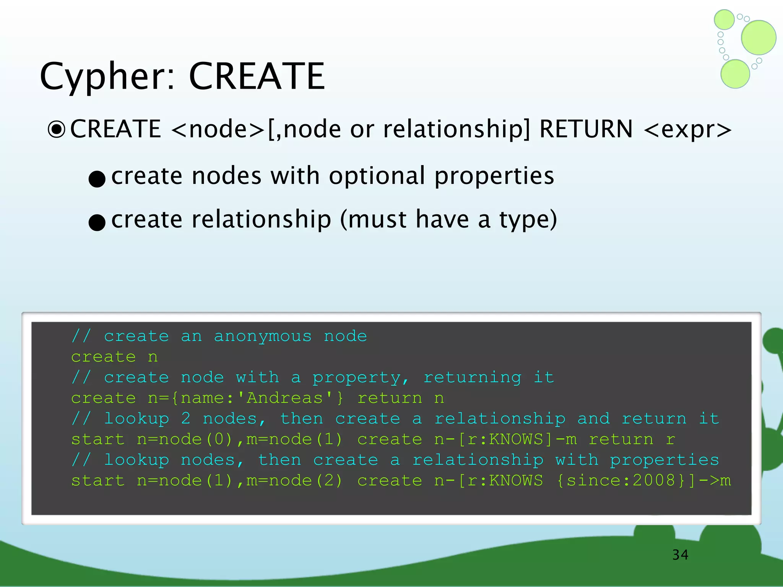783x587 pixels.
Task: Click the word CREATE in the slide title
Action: coord(257,76)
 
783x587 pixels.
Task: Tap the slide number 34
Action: coord(680,555)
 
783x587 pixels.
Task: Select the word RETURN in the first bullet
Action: coord(586,129)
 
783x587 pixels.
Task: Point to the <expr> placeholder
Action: coord(687,130)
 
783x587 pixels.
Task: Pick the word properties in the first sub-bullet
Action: coord(494,176)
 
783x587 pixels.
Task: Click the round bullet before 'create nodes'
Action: coord(97,178)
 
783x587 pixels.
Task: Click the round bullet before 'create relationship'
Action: coord(97,222)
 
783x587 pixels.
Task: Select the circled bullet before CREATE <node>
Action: coord(57,130)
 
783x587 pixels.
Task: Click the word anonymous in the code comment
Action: coord(263,336)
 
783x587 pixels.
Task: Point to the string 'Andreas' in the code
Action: coord(284,398)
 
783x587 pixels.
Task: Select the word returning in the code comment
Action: coord(472,378)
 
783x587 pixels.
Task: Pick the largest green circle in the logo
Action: coord(759,37)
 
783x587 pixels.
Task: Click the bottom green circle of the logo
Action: coord(735,74)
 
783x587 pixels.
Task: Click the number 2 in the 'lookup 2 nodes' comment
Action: coord(186,418)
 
